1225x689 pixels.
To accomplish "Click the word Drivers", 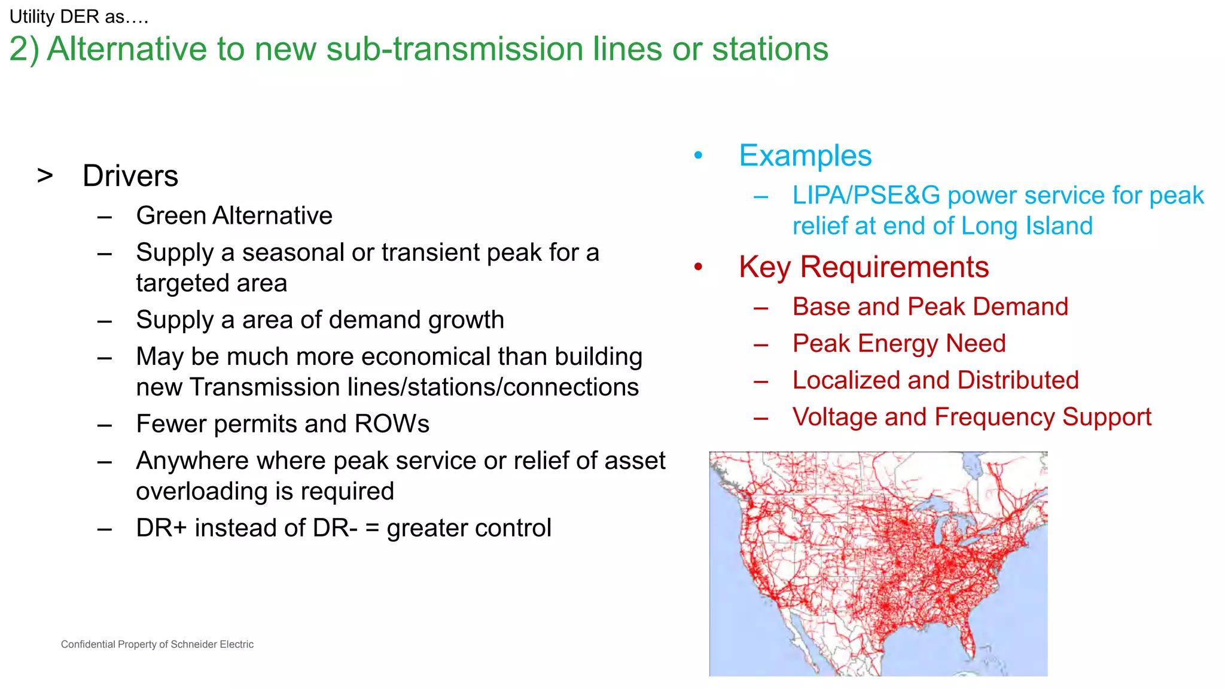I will click(130, 176).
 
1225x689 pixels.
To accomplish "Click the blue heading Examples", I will click(805, 156).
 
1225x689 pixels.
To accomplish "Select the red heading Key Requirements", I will click(863, 267).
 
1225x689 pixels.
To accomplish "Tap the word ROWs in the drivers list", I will click(392, 424).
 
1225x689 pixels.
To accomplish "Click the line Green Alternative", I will click(234, 216).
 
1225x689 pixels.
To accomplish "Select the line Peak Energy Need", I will click(898, 343).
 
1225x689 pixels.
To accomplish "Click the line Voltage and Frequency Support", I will click(971, 417).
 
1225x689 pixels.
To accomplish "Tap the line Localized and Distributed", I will click(935, 380).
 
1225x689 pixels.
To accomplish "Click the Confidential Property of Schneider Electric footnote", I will click(157, 644).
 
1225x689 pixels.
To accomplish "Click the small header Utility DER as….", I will click(78, 17).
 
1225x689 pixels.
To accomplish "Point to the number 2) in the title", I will click(24, 49).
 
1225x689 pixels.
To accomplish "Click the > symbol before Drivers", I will click(45, 176).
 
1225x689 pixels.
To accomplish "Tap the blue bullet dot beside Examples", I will click(698, 156).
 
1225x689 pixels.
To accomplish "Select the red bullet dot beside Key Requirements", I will click(698, 267).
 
